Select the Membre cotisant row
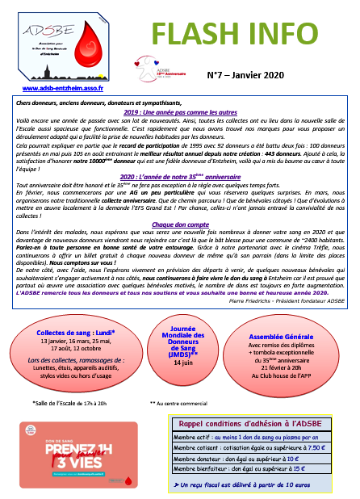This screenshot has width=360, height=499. [249, 447]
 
